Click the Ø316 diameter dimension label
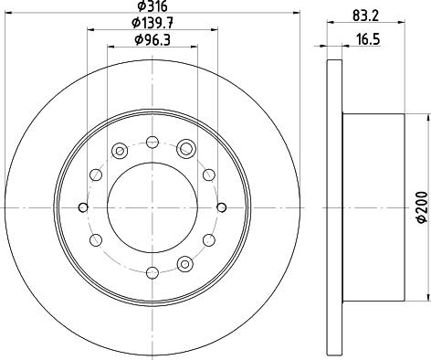click(152, 5)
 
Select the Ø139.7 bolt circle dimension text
click(152, 23)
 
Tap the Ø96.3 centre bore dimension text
click(152, 39)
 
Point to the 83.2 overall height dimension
click(366, 16)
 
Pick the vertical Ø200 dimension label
click(422, 207)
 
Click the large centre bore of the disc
click(152, 207)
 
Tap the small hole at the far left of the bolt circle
click(83, 207)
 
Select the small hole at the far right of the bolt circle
click(222, 207)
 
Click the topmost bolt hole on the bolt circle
click(152, 142)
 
